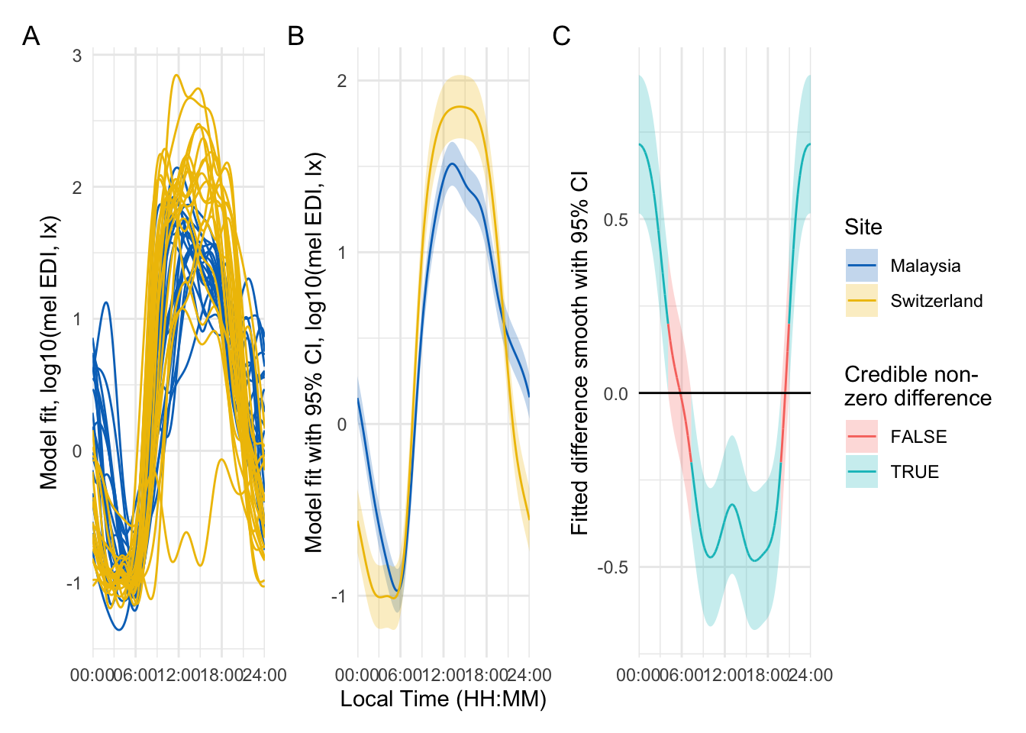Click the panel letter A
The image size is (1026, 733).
point(31,36)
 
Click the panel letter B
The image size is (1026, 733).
point(295,36)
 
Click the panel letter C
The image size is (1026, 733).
point(561,36)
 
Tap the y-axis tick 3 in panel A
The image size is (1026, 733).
point(77,56)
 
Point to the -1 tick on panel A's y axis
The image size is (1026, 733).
point(73,583)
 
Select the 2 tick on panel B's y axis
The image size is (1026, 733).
point(342,81)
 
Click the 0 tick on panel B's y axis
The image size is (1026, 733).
point(342,425)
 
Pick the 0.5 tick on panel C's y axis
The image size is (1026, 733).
point(615,220)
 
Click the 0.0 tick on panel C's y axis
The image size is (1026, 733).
point(615,394)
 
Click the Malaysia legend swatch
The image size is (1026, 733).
point(861,266)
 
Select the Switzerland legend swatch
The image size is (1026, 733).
point(861,301)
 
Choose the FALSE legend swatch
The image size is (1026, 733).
point(861,437)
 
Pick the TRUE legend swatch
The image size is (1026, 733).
point(861,472)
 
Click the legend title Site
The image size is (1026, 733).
point(863,228)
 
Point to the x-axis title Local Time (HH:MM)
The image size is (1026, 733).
point(443,699)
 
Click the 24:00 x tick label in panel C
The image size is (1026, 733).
point(811,675)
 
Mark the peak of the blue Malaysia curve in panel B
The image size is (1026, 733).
point(452,163)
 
